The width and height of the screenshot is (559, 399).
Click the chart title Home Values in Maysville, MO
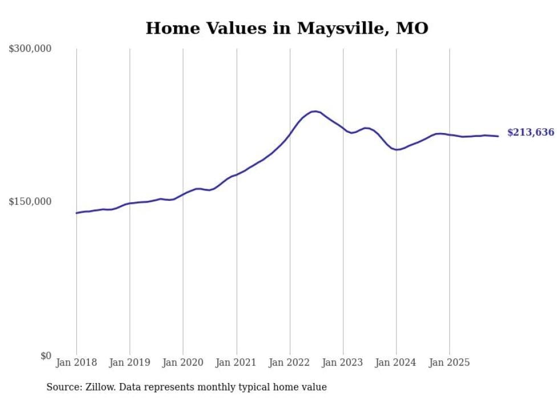pos(286,28)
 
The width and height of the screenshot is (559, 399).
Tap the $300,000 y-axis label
pos(30,49)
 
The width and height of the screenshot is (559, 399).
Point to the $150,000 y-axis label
pos(30,201)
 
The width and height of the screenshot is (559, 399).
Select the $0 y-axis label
pos(46,356)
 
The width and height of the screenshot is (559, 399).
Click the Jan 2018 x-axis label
pos(76,362)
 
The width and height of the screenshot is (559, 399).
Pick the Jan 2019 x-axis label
pos(129,362)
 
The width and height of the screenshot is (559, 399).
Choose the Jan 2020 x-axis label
pos(183,362)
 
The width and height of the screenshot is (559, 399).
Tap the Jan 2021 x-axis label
pos(236,362)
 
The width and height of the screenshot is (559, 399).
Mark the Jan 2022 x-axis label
pos(290,362)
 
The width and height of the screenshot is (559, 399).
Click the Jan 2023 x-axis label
pos(343,362)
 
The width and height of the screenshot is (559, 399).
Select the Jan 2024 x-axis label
pos(396,362)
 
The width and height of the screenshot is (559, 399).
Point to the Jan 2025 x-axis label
pos(449,362)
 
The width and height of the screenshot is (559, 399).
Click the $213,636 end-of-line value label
pos(530,132)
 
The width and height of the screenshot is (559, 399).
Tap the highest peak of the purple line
pos(314,111)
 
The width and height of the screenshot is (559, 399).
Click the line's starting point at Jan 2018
pos(76,213)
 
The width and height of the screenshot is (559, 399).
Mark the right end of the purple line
pos(498,136)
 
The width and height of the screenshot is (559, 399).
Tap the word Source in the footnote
pos(61,387)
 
